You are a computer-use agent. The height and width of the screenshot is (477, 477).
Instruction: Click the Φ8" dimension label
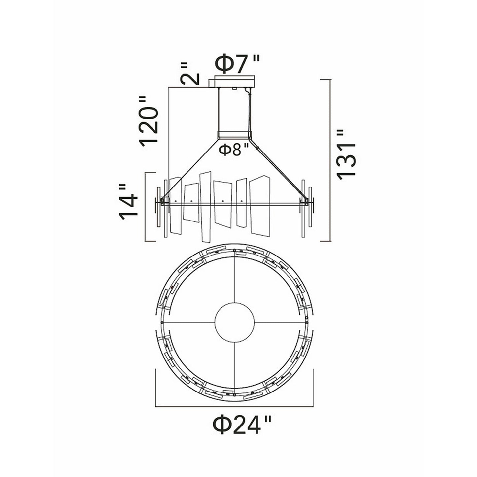[234, 150]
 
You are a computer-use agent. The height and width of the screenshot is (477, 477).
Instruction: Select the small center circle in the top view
[234, 321]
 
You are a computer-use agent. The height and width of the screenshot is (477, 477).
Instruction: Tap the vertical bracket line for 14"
[146, 207]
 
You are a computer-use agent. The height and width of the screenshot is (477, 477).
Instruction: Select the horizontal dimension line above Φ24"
[234, 405]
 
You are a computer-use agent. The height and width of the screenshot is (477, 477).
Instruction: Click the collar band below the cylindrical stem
[234, 135]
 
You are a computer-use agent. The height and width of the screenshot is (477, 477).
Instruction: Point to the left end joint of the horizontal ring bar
[162, 200]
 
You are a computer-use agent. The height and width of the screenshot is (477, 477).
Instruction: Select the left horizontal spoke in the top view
[188, 321]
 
